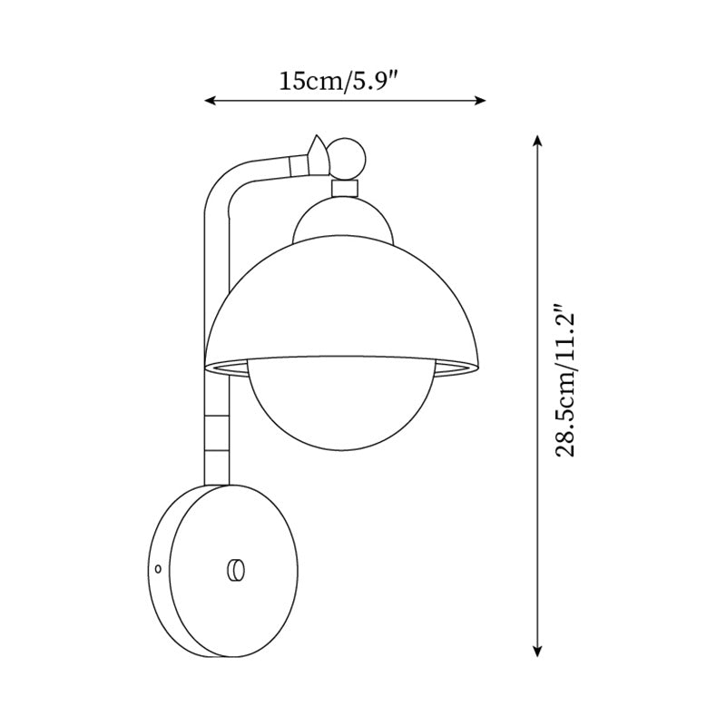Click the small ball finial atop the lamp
point(346,159)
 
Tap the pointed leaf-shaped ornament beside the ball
point(317,154)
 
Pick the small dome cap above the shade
point(345,221)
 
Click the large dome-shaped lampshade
point(345,299)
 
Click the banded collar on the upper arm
point(295,164)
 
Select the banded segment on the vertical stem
point(218,431)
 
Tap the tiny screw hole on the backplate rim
point(158,569)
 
